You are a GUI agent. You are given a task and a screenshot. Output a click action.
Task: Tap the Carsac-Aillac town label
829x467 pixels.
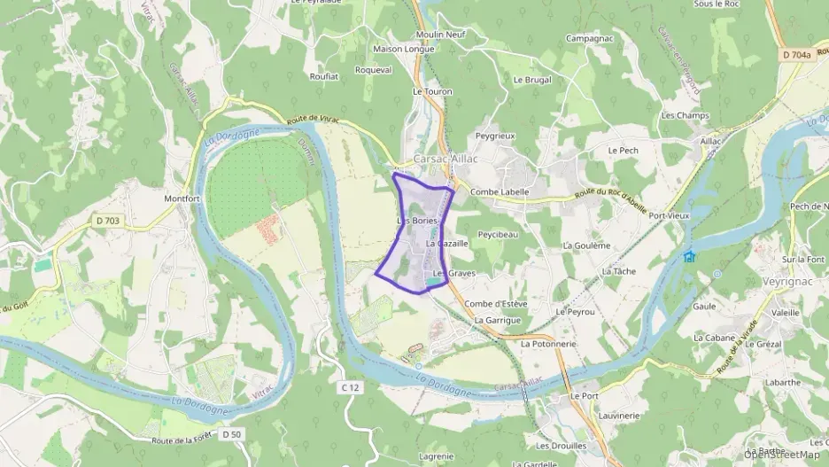pos(445,159)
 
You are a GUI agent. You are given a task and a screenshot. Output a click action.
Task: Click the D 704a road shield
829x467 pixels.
pos(796,55)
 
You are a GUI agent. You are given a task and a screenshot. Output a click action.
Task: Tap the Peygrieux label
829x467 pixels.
pos(495,136)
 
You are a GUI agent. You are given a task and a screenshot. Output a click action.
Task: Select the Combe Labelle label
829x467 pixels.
pos(500,191)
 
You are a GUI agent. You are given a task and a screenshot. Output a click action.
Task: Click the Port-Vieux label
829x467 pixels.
pos(670,215)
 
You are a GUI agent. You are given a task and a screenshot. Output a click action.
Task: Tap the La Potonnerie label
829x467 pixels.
pos(549,343)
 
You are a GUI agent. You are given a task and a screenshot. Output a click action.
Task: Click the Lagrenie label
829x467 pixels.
pos(435,455)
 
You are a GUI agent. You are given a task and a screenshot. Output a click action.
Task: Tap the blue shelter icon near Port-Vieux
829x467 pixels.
pos(689,256)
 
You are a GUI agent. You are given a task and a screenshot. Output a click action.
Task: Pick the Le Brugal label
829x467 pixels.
pos(532,80)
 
